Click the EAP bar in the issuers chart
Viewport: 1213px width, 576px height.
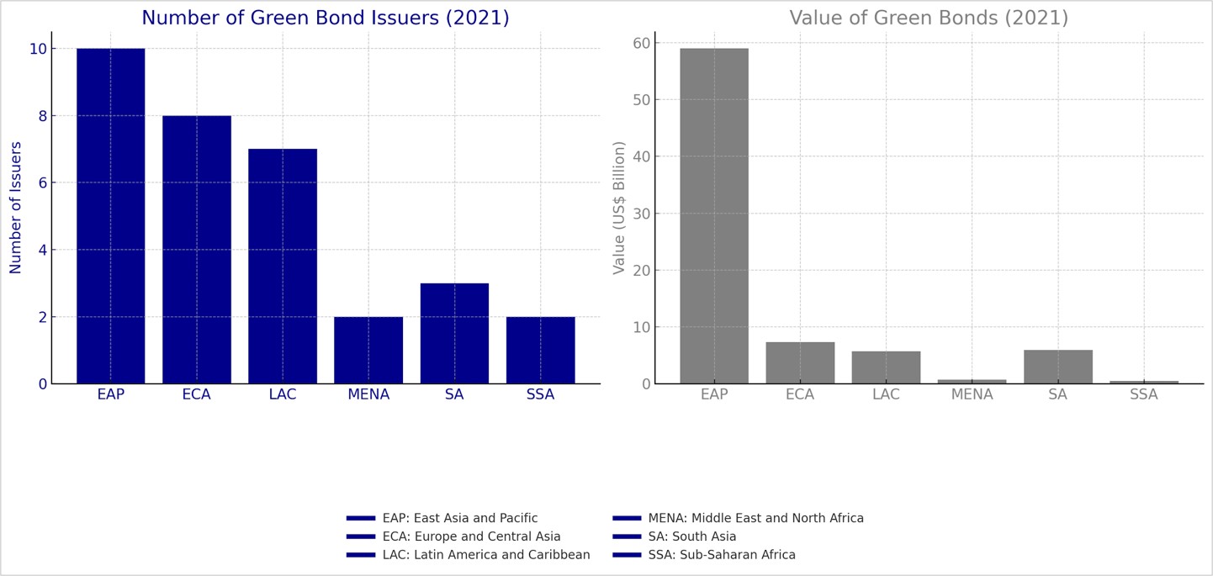110,216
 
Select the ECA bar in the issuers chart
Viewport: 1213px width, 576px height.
197,250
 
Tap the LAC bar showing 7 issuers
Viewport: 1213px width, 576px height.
283,267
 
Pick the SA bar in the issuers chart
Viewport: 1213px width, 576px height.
454,334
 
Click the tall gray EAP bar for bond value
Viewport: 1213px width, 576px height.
714,216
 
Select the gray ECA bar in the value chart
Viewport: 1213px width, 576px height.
800,363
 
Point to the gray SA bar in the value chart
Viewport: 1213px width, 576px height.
1058,367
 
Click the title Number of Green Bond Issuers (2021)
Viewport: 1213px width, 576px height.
326,18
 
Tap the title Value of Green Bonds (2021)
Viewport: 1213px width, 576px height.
929,18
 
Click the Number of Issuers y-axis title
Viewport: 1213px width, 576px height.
16,208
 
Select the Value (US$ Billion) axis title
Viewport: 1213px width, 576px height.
620,208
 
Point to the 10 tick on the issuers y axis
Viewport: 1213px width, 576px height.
38,49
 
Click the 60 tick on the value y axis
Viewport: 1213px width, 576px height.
642,43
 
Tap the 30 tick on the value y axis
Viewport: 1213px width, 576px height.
642,214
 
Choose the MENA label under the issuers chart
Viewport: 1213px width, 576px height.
368,395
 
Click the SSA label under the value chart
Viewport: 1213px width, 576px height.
1144,395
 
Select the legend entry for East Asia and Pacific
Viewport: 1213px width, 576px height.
459,519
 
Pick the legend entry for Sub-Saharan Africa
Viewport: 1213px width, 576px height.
721,556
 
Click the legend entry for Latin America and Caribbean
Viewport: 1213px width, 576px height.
485,556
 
